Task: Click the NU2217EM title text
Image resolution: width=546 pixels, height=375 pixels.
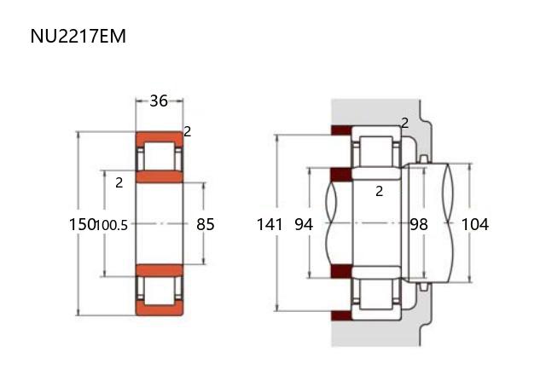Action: [78, 36]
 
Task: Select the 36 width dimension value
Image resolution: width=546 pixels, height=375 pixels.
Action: [159, 101]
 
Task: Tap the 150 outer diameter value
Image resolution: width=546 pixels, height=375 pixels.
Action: [82, 224]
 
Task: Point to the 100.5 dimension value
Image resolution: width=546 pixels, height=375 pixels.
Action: [112, 225]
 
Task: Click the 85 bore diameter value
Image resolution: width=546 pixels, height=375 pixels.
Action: [205, 224]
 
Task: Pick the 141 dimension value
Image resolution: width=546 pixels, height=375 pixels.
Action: [270, 224]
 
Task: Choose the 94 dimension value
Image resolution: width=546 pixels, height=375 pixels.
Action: [304, 224]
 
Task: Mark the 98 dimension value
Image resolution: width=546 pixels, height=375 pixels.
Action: [419, 224]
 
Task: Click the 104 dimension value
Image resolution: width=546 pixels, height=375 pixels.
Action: [475, 224]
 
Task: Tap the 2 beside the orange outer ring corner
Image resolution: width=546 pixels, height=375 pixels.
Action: [188, 131]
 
